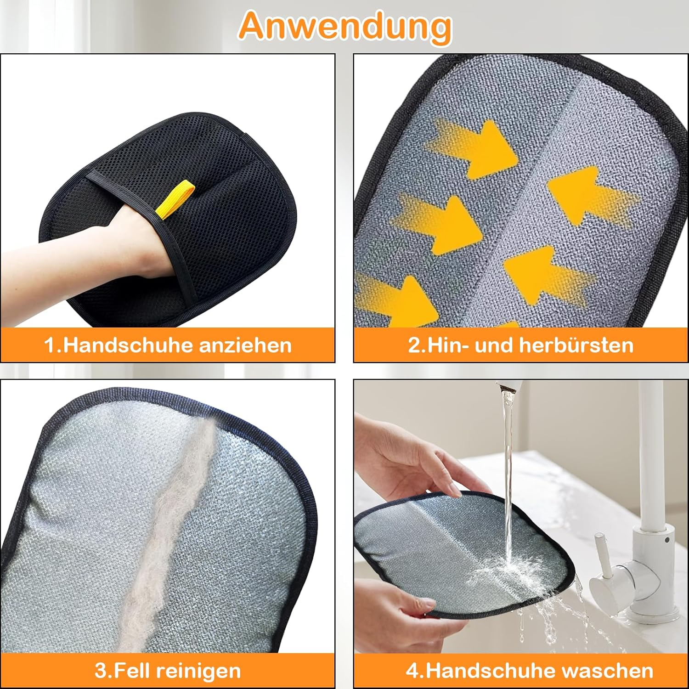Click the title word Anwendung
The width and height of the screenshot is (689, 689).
coord(344,26)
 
